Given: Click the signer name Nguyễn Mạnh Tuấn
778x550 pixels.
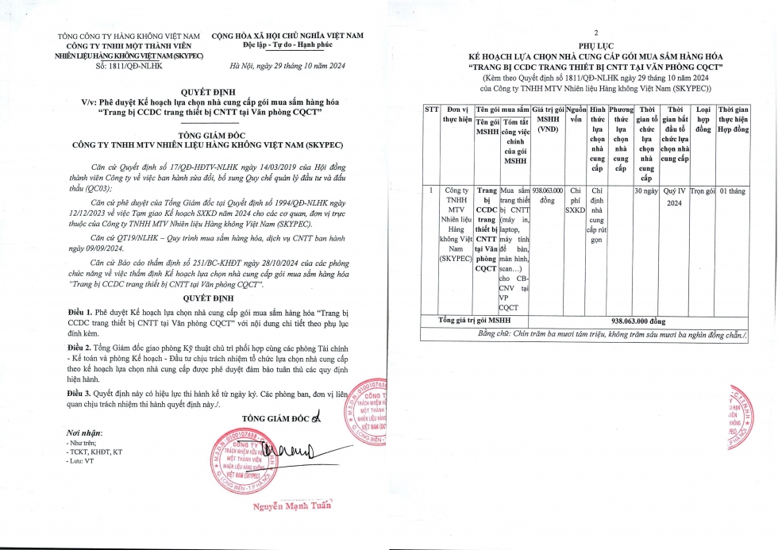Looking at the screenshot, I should (x=291, y=506).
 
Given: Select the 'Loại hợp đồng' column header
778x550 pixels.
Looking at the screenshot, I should (x=703, y=118).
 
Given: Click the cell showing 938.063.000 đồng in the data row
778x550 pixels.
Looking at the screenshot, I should (x=548, y=196).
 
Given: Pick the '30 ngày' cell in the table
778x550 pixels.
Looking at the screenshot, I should (x=646, y=191).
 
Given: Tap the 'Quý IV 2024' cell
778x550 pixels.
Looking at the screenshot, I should (x=675, y=197).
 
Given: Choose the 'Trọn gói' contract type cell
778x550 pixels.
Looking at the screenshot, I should (x=703, y=191).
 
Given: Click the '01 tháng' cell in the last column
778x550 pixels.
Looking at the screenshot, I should (x=734, y=191).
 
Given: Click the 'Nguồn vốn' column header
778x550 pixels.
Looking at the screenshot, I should (x=576, y=113).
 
